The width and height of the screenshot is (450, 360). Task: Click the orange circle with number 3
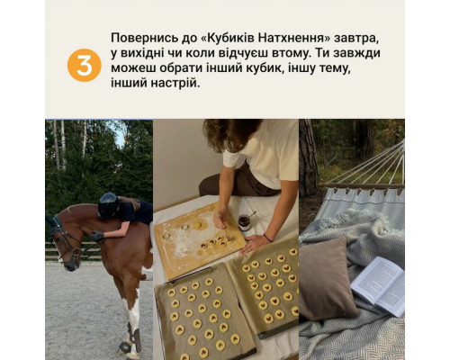pos(84,65)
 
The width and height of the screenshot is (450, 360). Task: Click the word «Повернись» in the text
pos(143,40)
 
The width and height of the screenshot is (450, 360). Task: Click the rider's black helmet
pos(109,205)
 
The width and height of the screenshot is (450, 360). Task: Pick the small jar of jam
pos(244,222)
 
